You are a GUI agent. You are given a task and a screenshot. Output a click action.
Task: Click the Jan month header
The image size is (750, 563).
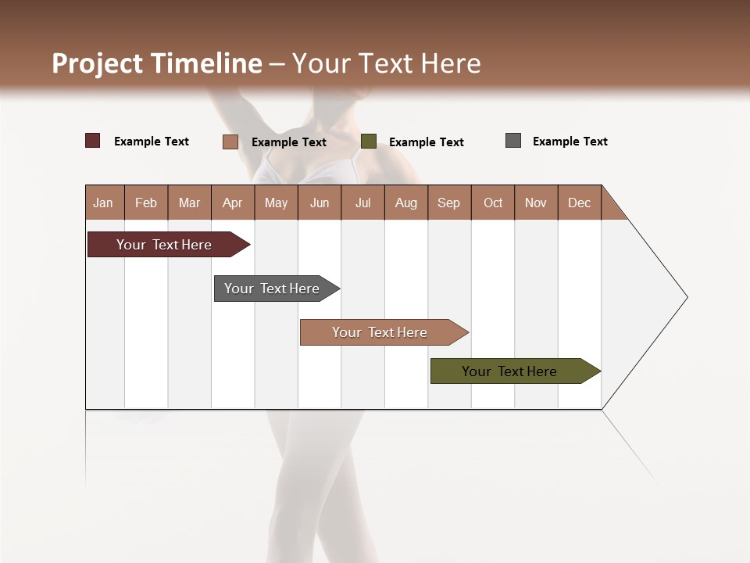pyautogui.click(x=104, y=203)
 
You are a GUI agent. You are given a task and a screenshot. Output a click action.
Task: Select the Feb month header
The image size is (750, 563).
pyautogui.click(x=146, y=203)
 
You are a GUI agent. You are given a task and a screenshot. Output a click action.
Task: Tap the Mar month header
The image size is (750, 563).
pyautogui.click(x=189, y=203)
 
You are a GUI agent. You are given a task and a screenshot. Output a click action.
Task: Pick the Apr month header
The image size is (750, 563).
pyautogui.click(x=233, y=203)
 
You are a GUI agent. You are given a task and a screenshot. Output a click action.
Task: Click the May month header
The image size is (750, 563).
pyautogui.click(x=276, y=203)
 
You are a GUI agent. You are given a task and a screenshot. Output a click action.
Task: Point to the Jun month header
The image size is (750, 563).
pyautogui.click(x=320, y=203)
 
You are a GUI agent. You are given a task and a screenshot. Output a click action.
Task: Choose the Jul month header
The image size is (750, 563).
pyautogui.click(x=362, y=203)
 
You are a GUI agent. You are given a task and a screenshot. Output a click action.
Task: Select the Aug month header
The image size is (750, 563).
pyautogui.click(x=406, y=203)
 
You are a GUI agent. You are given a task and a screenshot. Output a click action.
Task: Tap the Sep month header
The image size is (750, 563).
pyautogui.click(x=449, y=203)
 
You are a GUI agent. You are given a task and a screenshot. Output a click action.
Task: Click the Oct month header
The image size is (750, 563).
pyautogui.click(x=493, y=203)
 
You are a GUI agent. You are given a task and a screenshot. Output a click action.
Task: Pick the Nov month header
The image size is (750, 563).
pyautogui.click(x=536, y=203)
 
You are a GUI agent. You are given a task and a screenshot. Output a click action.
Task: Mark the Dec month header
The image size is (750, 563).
pyautogui.click(x=580, y=203)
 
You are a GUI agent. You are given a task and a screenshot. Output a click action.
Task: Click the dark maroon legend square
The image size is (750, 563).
pyautogui.click(x=93, y=141)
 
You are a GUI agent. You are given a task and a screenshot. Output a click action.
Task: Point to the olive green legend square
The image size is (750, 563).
pyautogui.click(x=369, y=142)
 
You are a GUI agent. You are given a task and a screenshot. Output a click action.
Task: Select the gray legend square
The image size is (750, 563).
pyautogui.click(x=513, y=141)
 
